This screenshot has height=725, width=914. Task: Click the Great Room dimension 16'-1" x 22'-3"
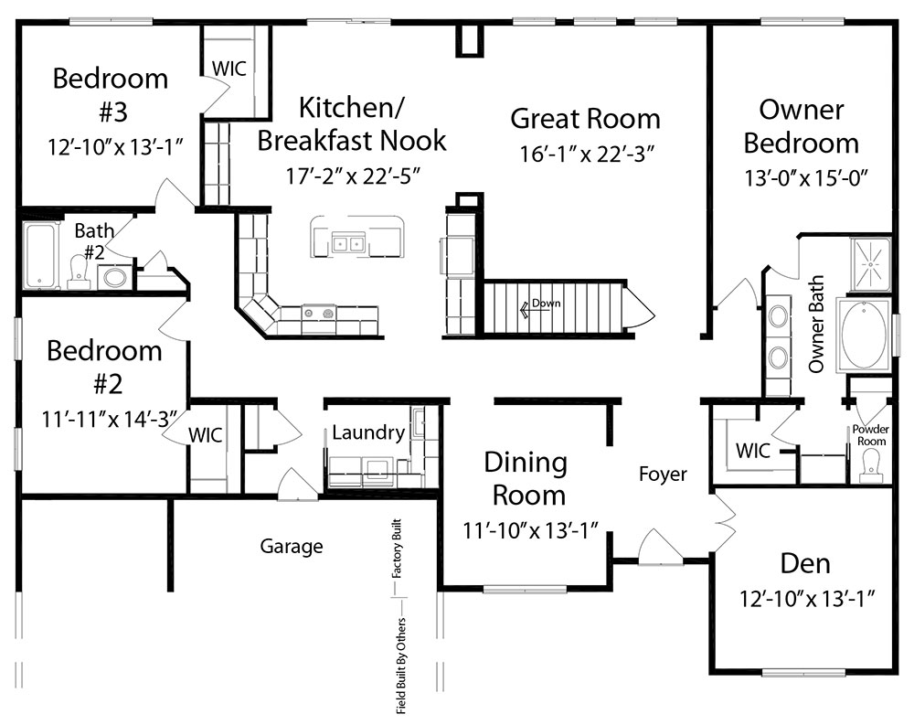click(x=587, y=154)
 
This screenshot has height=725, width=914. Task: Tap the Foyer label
click(x=663, y=474)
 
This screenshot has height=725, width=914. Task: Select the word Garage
click(x=292, y=547)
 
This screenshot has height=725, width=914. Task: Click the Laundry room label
click(x=368, y=432)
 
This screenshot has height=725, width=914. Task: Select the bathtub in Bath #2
click(x=41, y=255)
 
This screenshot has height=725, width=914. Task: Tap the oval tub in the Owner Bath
click(x=863, y=336)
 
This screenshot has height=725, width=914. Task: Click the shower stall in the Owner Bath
click(x=871, y=264)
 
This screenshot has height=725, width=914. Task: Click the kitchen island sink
click(x=348, y=242)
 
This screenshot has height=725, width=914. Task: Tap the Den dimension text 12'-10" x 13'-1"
click(x=807, y=599)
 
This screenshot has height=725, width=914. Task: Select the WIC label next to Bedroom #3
click(x=229, y=69)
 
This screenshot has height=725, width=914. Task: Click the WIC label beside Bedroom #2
click(x=205, y=434)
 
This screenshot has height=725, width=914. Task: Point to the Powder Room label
click(x=871, y=435)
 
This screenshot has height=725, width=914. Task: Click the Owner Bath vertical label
click(x=816, y=325)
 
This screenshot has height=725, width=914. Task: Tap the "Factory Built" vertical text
click(x=397, y=549)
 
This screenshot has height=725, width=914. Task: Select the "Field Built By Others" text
click(x=401, y=666)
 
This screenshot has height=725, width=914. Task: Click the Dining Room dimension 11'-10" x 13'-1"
click(x=531, y=531)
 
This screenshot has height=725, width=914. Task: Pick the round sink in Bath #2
click(x=114, y=277)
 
